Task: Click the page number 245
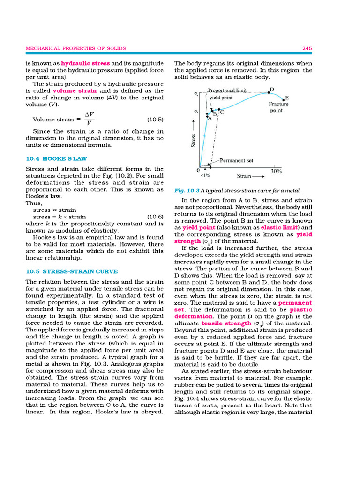tap(307, 48)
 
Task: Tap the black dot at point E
tap(283, 99)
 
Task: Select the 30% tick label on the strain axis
tap(276, 171)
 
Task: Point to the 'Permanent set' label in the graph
tap(236, 160)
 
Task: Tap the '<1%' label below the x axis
tap(205, 176)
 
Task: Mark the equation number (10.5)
tap(155, 120)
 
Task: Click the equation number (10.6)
tap(155, 217)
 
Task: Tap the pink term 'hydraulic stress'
tap(85, 63)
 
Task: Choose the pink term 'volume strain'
tap(71, 90)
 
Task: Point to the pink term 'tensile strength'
tap(226, 323)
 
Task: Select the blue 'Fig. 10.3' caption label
tap(187, 191)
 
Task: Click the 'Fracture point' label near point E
tap(278, 107)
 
